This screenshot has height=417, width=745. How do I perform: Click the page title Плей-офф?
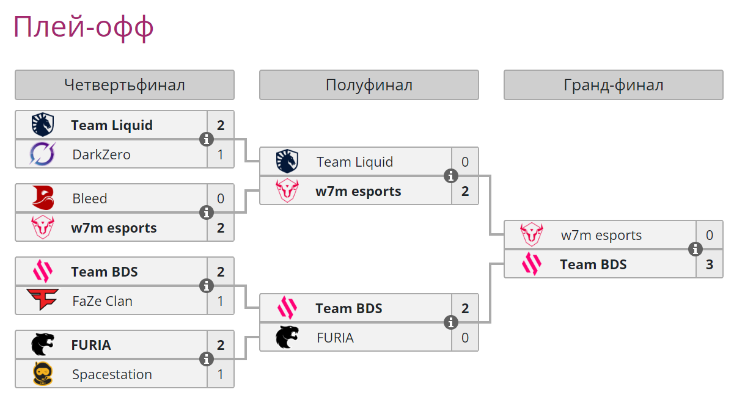(x=83, y=27)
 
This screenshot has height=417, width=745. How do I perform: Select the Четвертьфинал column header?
(x=125, y=85)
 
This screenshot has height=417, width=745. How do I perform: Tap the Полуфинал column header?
(x=369, y=85)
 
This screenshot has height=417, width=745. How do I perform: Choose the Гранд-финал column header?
(x=614, y=85)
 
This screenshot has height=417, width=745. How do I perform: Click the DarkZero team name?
(x=101, y=154)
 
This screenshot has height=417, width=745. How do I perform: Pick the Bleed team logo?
(x=43, y=198)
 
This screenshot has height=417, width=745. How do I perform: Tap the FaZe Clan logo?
(x=43, y=301)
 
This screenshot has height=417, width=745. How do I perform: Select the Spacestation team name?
(x=112, y=374)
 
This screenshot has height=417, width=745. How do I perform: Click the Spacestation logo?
(x=43, y=374)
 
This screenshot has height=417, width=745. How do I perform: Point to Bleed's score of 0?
(x=221, y=198)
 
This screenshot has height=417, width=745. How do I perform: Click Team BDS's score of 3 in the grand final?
(x=710, y=264)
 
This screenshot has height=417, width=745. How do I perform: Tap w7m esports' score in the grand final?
(x=710, y=235)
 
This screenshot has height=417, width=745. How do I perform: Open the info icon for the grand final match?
(x=695, y=249)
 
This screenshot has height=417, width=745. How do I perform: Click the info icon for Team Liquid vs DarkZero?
(x=207, y=139)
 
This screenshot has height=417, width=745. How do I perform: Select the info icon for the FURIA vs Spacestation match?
(x=207, y=359)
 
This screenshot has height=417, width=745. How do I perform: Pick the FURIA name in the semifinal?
(x=335, y=338)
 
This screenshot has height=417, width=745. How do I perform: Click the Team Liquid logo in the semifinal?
(x=287, y=162)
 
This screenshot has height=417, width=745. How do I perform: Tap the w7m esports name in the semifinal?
(x=358, y=191)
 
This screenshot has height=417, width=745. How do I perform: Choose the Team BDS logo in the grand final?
(x=532, y=264)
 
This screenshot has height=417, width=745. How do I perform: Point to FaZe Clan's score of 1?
(x=221, y=301)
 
